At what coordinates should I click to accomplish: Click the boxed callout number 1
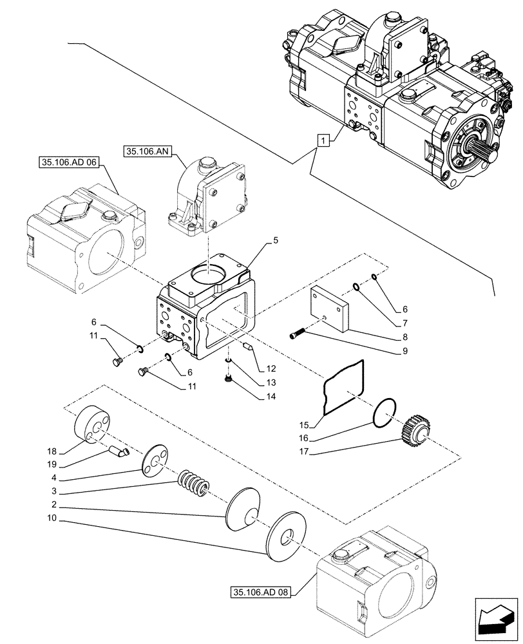tap(323, 139)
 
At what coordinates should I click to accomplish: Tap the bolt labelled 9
tap(298, 335)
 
